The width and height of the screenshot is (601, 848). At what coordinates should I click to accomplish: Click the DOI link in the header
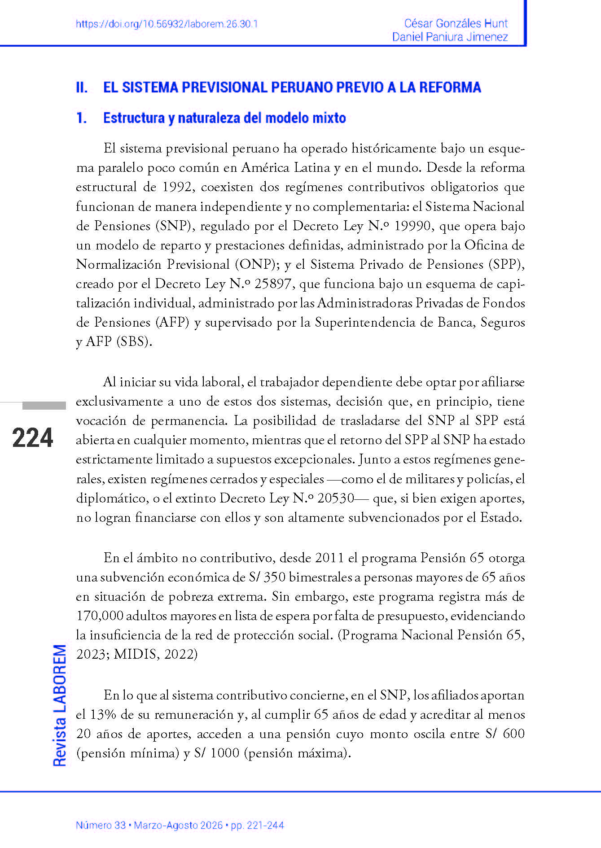click(x=167, y=24)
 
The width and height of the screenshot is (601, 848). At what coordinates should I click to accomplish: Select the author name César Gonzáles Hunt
click(x=456, y=23)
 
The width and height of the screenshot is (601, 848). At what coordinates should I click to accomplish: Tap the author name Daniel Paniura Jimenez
click(x=450, y=37)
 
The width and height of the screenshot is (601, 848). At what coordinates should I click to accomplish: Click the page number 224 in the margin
click(x=33, y=438)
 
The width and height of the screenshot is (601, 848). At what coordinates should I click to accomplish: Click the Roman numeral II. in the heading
click(x=82, y=87)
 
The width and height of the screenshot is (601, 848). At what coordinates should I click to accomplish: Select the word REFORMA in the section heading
click(x=450, y=87)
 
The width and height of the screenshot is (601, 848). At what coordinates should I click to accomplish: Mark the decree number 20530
click(x=336, y=498)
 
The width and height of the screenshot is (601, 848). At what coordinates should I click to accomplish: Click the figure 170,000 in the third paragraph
click(x=99, y=616)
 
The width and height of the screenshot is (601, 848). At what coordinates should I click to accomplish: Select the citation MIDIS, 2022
click(x=154, y=654)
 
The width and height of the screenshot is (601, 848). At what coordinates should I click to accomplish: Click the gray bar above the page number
click(x=44, y=406)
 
